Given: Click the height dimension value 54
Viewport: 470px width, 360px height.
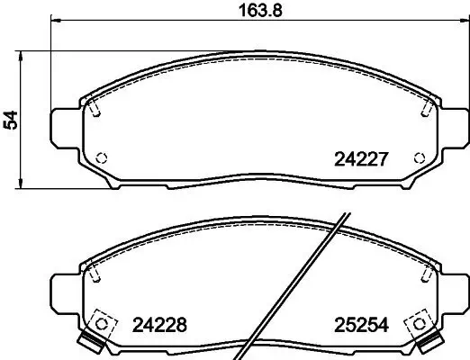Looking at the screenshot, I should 12,120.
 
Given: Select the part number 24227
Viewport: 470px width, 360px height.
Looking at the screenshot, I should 360,162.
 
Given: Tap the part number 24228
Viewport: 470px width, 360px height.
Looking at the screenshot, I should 160,325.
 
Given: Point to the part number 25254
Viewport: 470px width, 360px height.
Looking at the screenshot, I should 359,325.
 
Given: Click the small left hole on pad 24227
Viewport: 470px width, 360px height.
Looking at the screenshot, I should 102,158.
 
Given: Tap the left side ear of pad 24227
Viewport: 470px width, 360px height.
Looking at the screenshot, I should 63,127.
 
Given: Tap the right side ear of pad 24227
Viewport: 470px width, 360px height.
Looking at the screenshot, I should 453,127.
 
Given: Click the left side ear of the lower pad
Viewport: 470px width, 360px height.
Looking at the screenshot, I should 63,290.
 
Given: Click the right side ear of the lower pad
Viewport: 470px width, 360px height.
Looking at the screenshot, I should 453,290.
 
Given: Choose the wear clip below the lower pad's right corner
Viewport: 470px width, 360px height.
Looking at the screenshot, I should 430,343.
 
